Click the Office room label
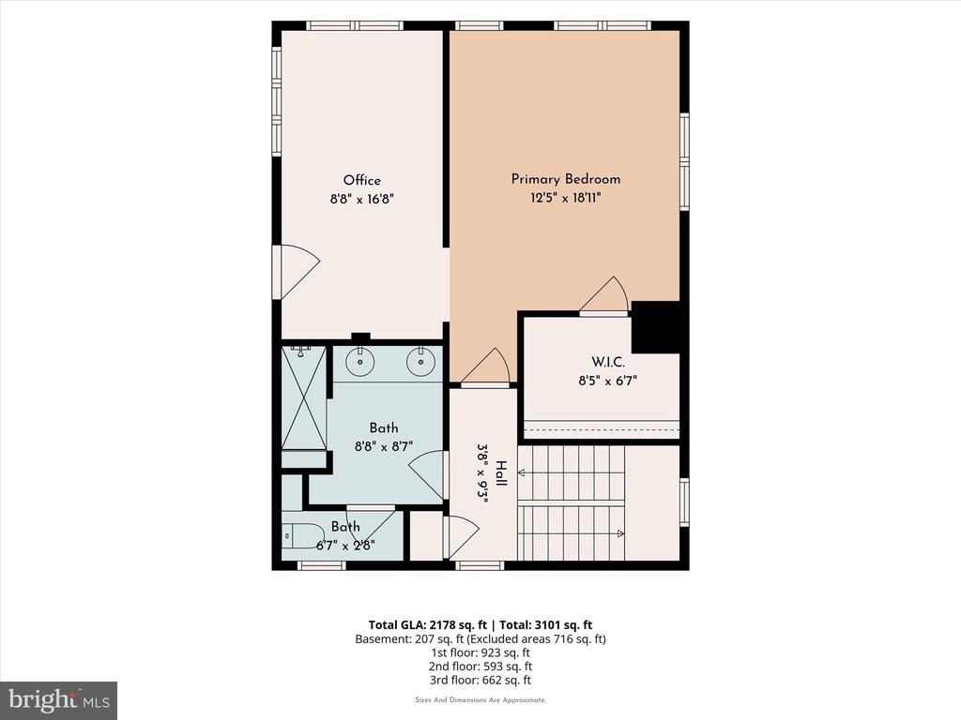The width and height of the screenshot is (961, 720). (361, 180)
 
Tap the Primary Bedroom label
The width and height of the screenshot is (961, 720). (566, 179)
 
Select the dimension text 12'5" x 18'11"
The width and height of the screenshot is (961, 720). (566, 198)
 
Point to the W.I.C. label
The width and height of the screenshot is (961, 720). (608, 362)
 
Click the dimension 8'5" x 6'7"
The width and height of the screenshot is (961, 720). (608, 381)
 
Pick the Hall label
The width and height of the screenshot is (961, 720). (501, 473)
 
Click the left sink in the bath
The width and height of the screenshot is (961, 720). (359, 362)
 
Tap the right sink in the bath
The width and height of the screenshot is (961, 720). (421, 362)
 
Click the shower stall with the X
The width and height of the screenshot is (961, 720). (304, 397)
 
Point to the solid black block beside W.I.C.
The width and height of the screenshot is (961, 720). (655, 327)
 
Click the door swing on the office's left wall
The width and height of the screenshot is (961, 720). (299, 272)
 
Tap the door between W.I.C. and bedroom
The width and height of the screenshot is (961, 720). (604, 295)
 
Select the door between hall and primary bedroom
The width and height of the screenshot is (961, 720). (485, 367)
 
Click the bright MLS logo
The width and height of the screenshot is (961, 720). (59, 700)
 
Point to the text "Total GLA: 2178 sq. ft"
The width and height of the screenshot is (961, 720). (427, 625)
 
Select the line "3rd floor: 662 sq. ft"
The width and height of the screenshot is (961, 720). (480, 680)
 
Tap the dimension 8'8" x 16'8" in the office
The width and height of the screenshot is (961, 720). (361, 199)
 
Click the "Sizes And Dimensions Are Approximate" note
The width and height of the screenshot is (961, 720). (480, 699)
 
